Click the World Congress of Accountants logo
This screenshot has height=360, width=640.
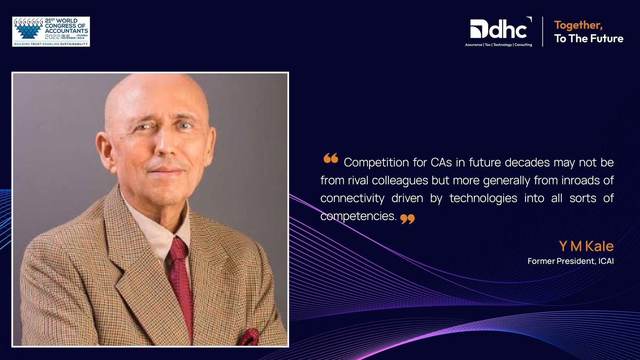click(51, 32)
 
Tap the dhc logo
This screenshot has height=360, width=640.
click(498, 32)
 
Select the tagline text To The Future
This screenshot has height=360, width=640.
click(589, 38)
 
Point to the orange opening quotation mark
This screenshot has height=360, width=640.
click(331, 158)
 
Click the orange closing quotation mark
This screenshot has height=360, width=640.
click(408, 219)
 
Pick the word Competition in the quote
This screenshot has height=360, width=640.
click(376, 162)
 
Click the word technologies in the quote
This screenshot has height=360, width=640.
click(483, 198)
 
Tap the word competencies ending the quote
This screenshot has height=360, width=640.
click(358, 216)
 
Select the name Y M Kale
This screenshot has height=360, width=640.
click(586, 246)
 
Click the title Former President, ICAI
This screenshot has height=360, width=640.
click(570, 261)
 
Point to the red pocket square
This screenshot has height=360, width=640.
click(249, 337)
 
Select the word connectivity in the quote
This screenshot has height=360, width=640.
click(352, 198)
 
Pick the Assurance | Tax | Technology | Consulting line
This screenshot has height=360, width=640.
click(498, 45)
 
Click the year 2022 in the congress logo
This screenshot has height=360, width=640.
click(52, 37)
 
